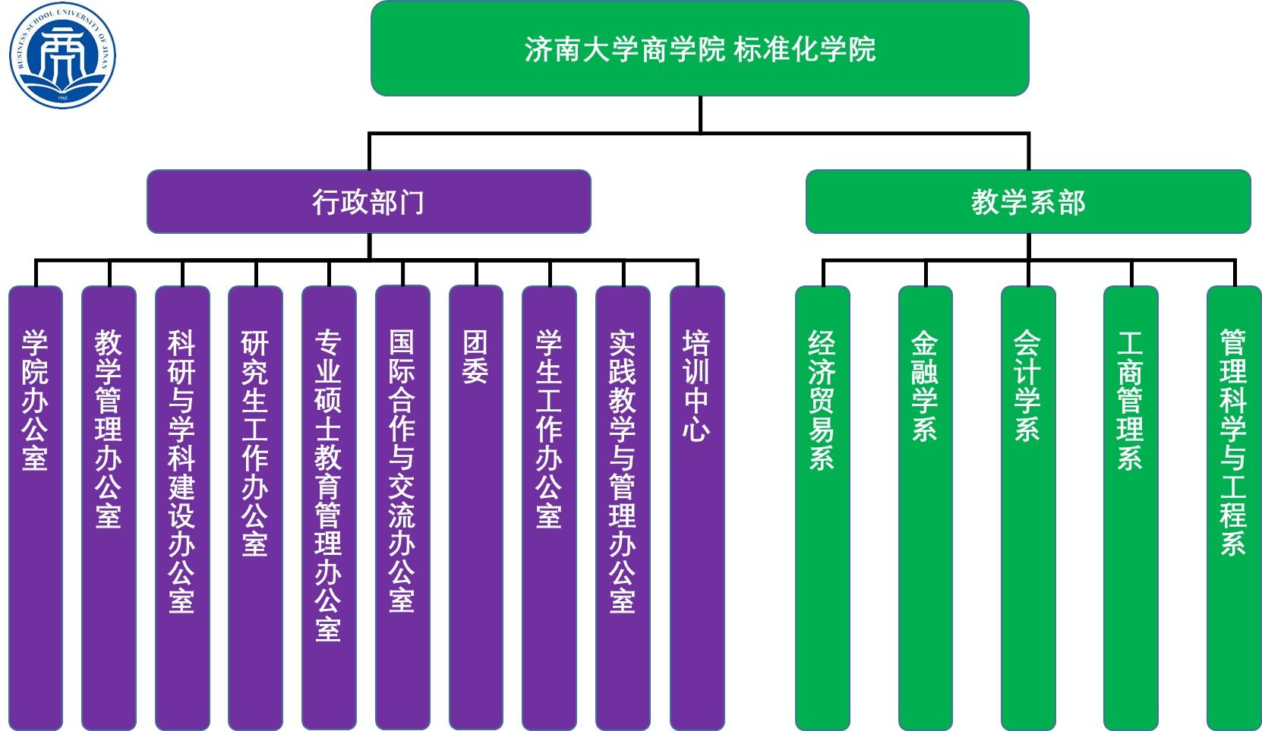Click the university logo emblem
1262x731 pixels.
(62, 55)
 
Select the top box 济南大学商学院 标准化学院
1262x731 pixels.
(699, 49)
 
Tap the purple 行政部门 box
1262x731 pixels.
(368, 202)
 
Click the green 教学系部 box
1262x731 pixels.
(1027, 202)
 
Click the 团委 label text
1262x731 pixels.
(475, 357)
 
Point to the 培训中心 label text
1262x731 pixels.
(696, 386)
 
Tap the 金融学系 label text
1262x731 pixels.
(925, 386)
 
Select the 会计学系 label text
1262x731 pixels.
(1027, 386)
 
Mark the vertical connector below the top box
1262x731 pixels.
(699, 114)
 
